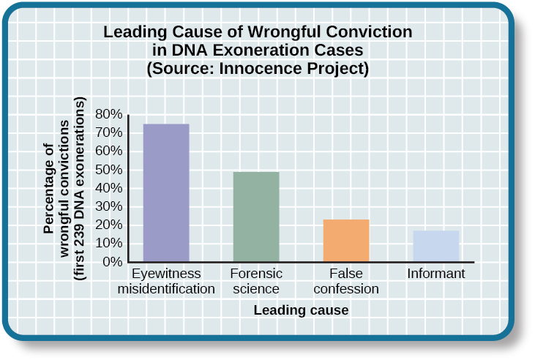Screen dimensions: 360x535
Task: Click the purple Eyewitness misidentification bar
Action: (165, 192)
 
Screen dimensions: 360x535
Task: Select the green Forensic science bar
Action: (255, 217)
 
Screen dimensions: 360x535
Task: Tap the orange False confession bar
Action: (346, 240)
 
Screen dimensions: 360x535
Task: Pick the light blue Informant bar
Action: (436, 246)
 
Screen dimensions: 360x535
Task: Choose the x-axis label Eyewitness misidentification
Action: (166, 281)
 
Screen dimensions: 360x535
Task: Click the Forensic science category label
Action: (255, 281)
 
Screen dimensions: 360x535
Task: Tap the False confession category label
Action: (346, 281)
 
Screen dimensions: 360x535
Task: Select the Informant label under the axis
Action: (436, 274)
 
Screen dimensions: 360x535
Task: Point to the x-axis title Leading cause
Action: (301, 310)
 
